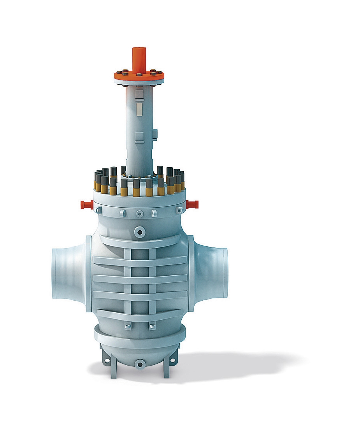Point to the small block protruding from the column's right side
(155, 134)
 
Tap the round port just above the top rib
(139, 232)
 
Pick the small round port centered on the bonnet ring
(139, 213)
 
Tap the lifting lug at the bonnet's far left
(98, 210)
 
